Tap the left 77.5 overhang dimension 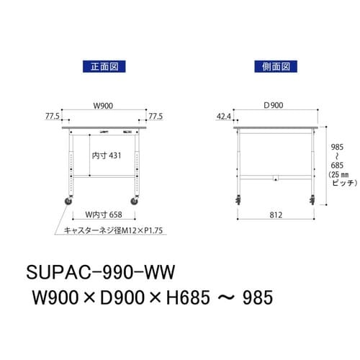52,115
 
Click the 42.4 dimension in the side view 224,115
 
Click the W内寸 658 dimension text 103,214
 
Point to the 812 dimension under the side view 277,215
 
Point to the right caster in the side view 313,200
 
